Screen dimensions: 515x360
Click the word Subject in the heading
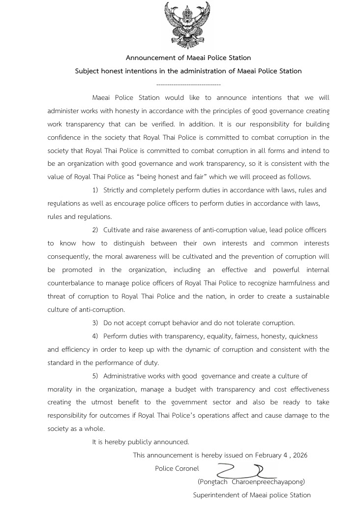(88, 71)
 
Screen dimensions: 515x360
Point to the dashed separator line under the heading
(188, 85)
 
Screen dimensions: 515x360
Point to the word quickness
(303, 336)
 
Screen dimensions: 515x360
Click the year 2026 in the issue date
(300, 455)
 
